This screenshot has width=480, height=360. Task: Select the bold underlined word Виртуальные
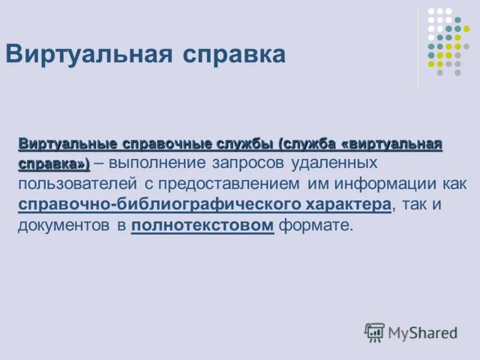[x=59, y=145]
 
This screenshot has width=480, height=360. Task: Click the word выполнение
[x=157, y=164]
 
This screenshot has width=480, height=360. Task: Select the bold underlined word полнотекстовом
[x=202, y=225]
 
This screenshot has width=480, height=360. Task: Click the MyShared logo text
[x=422, y=332]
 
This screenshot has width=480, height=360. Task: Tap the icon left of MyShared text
[x=374, y=332]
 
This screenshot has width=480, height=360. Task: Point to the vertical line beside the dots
[x=419, y=48]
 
